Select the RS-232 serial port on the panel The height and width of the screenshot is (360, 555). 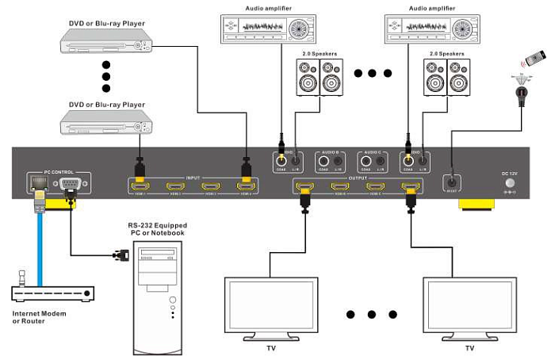[x=70, y=187]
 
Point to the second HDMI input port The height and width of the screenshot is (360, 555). [x=175, y=188]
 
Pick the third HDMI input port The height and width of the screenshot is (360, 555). [x=211, y=188]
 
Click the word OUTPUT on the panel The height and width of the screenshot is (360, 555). [x=358, y=178]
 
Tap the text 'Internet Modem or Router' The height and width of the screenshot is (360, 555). [x=40, y=317]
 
